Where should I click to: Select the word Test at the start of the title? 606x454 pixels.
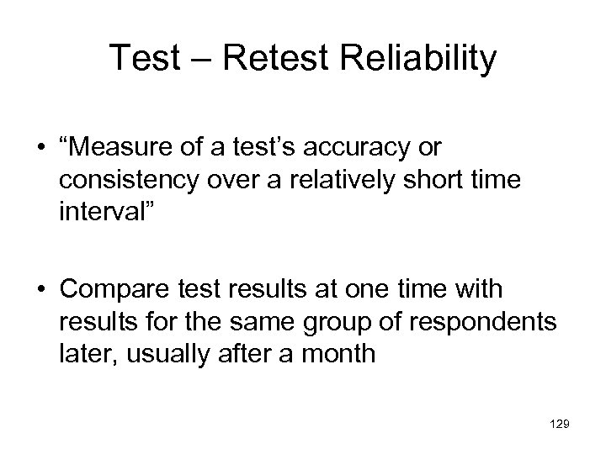(x=146, y=60)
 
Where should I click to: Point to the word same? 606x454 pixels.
(x=259, y=321)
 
